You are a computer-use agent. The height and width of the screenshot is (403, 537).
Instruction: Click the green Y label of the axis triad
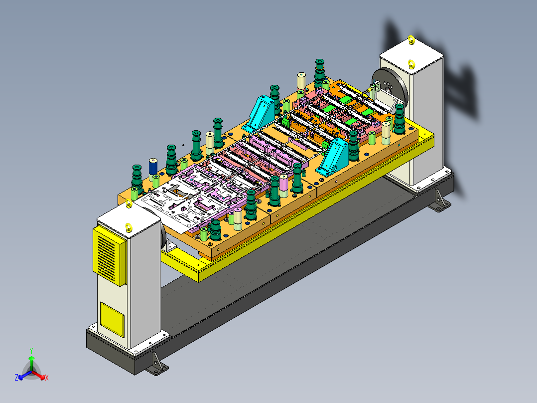tap(31, 351)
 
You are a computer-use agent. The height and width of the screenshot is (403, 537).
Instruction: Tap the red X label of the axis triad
tap(47, 378)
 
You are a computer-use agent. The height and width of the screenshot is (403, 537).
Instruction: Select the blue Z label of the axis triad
tap(16, 377)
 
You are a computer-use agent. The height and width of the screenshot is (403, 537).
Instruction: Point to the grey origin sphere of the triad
tap(31, 372)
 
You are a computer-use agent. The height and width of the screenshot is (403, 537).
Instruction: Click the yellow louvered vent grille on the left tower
tap(109, 255)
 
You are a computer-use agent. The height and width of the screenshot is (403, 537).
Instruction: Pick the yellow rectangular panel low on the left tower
tap(112, 319)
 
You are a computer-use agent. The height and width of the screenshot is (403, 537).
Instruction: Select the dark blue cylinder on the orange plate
tap(153, 167)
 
